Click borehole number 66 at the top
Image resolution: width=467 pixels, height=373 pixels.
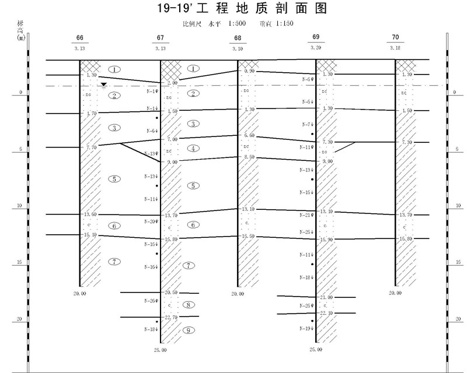click(80, 38)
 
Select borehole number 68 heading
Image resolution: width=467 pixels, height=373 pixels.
click(238, 38)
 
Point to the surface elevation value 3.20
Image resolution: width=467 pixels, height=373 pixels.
click(316, 48)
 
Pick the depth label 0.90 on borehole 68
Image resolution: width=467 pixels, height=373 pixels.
click(250, 71)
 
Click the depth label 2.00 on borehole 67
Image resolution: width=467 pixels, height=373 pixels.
click(172, 83)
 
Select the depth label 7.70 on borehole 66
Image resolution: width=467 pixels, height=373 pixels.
click(92, 147)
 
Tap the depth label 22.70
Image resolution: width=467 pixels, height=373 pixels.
click(171, 317)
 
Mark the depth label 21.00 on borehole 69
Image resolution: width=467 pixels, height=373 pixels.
click(326, 297)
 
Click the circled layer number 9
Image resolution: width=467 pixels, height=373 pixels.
click(189, 330)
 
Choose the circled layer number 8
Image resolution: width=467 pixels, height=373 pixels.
click(188, 305)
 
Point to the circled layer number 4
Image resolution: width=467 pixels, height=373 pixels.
click(194, 149)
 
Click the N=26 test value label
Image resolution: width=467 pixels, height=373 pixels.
click(151, 301)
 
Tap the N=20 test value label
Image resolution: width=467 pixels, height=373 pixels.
click(151, 221)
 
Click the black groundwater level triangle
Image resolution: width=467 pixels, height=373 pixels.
click(103, 85)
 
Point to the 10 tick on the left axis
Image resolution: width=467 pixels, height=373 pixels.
click(20, 205)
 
